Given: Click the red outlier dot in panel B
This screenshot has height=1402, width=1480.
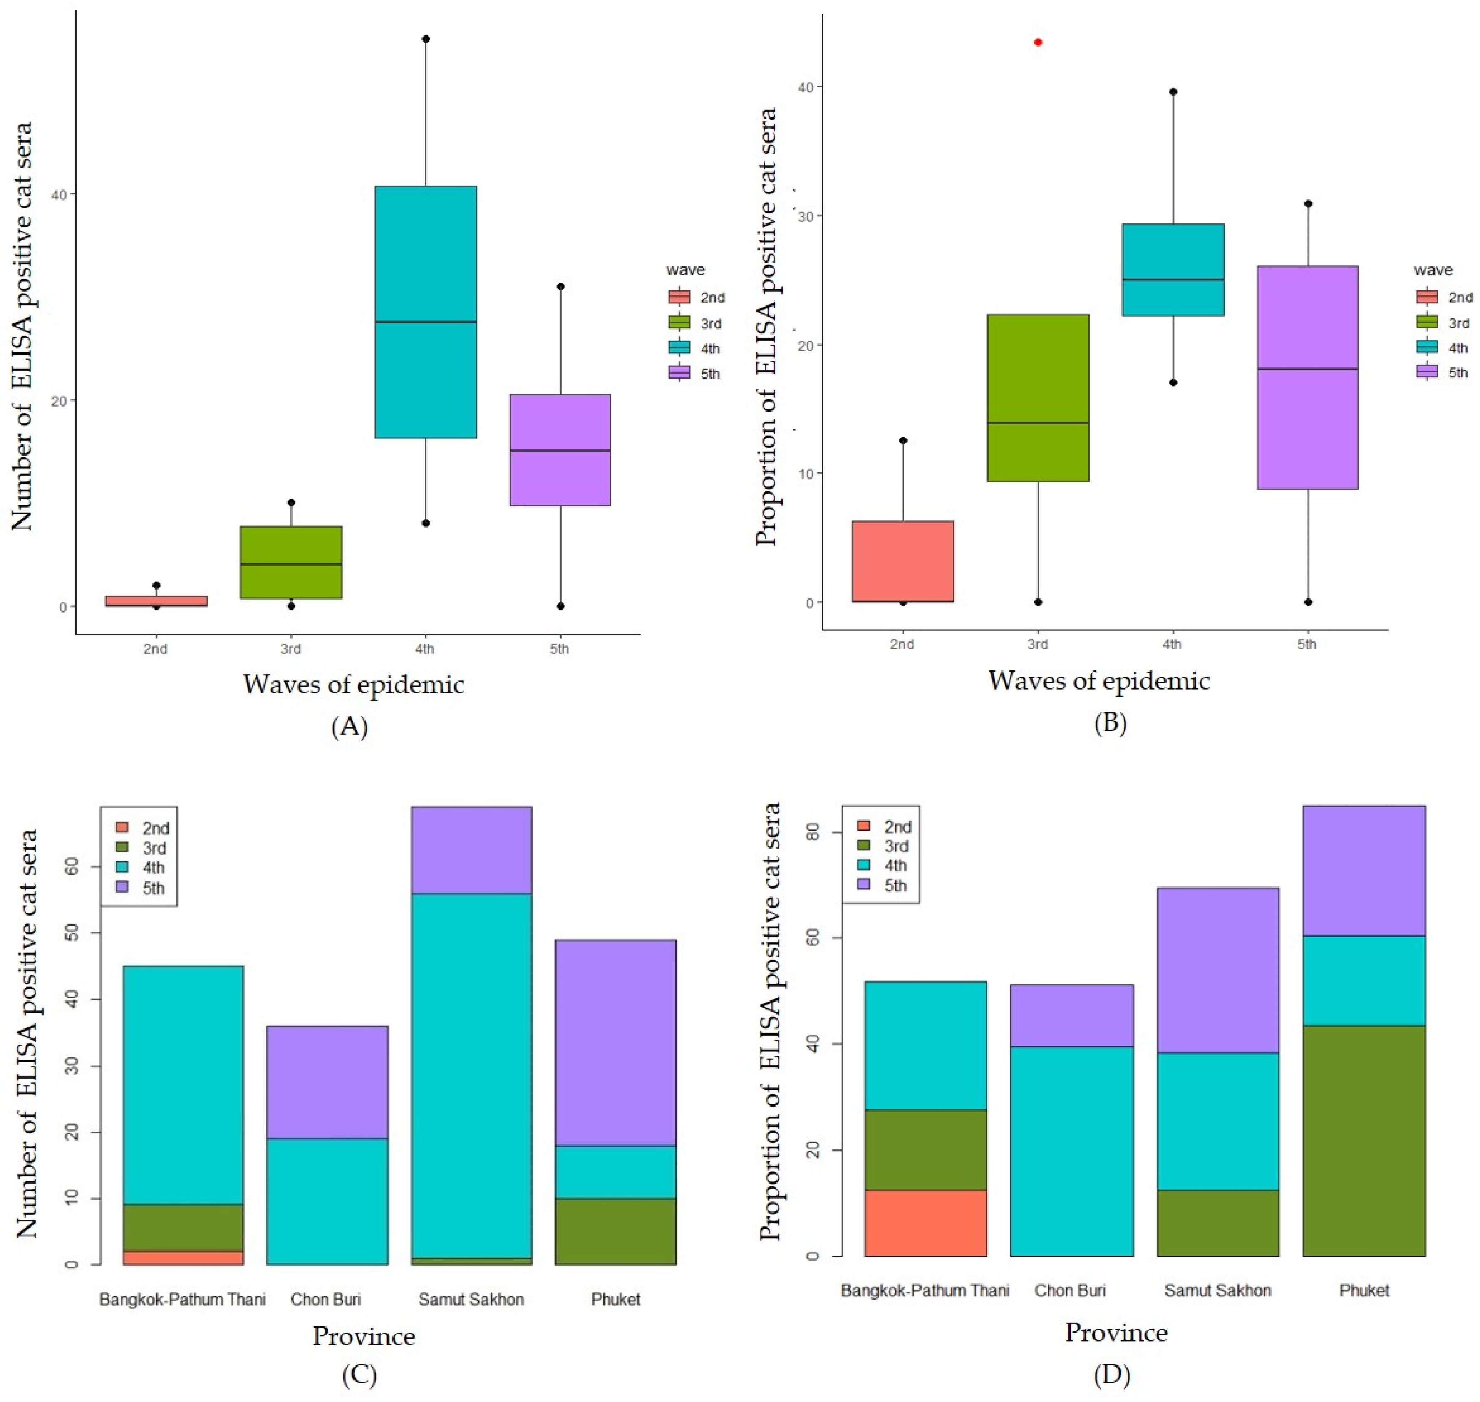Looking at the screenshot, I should point(1038,42).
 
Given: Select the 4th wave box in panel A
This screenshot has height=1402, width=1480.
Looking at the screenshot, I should point(426,312).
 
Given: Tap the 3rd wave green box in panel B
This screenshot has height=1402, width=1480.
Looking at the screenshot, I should point(1038,397).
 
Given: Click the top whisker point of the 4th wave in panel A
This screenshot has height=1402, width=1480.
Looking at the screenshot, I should point(426,39).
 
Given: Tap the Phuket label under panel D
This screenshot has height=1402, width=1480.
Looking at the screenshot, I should point(1364,1290).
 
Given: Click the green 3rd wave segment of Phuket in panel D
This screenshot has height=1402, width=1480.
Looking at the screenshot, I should point(1364,1140).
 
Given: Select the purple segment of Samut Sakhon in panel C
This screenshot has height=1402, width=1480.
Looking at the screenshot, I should point(471,850).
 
